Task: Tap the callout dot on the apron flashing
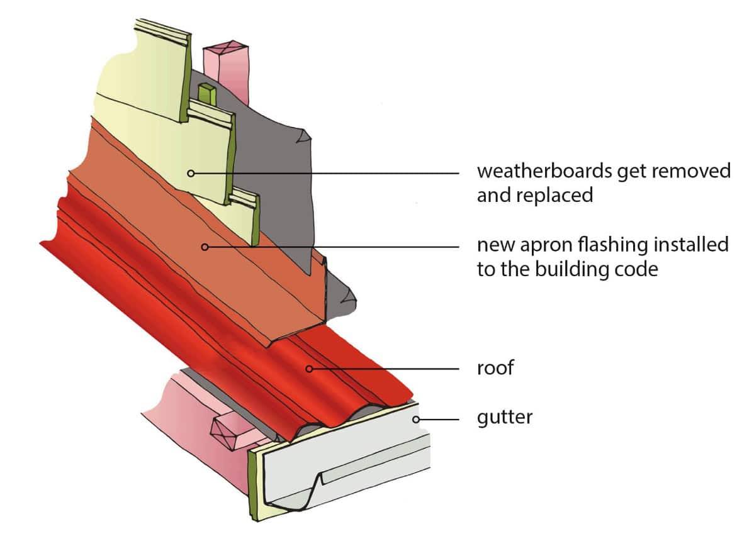(x=204, y=247)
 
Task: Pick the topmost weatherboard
(x=151, y=69)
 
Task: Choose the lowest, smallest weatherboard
(x=242, y=217)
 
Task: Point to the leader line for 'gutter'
(x=444, y=418)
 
